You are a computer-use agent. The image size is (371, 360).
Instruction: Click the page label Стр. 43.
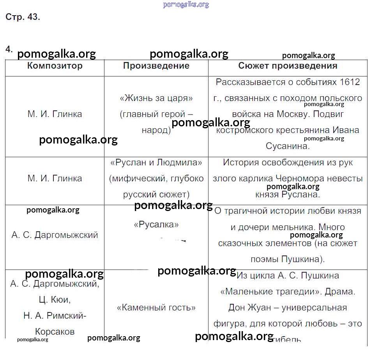pos(23,17)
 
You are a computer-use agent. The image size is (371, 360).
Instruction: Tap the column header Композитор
pos(55,66)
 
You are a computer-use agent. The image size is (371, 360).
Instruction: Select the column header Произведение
pos(156,66)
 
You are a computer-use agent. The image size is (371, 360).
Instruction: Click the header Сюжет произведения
pos(288,66)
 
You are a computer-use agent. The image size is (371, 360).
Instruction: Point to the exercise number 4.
pos(9,49)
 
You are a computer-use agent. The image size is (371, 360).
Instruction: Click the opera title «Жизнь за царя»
pos(156,98)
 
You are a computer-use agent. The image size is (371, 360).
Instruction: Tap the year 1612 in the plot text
pos(350,82)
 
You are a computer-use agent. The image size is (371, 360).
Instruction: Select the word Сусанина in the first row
pos(288,146)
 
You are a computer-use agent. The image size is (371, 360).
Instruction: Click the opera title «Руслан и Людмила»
pos(156,162)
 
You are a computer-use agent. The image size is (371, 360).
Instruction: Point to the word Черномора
pos(300,178)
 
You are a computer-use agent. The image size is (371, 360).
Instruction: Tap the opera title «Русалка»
pos(156,224)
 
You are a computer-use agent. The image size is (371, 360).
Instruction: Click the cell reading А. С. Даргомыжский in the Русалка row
pos(55,235)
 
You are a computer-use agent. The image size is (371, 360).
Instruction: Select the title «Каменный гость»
pos(156,307)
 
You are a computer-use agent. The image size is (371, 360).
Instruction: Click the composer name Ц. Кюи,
pos(55,300)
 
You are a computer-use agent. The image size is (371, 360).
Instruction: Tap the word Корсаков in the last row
pos(55,332)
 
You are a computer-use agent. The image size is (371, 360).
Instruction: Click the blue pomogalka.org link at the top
pos(186,5)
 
